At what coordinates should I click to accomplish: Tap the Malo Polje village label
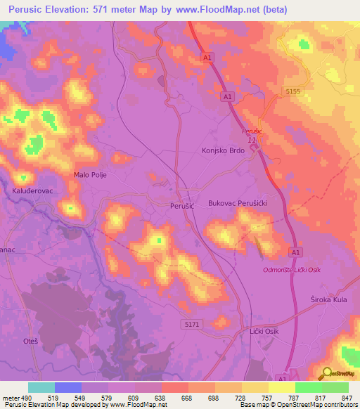(90, 175)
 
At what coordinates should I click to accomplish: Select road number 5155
(292, 91)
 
